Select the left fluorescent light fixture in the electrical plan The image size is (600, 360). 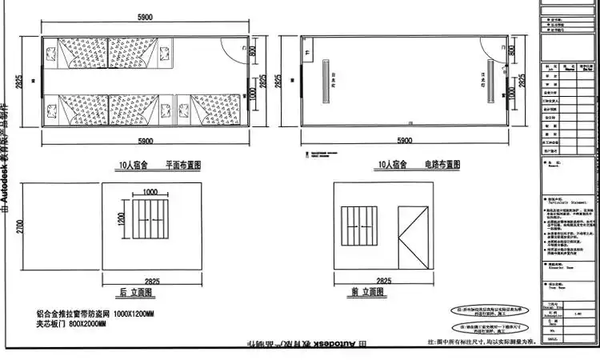(326, 79)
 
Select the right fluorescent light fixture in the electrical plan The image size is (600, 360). (487, 79)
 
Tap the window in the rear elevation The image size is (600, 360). (150, 222)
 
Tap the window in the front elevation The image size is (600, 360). (359, 228)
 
